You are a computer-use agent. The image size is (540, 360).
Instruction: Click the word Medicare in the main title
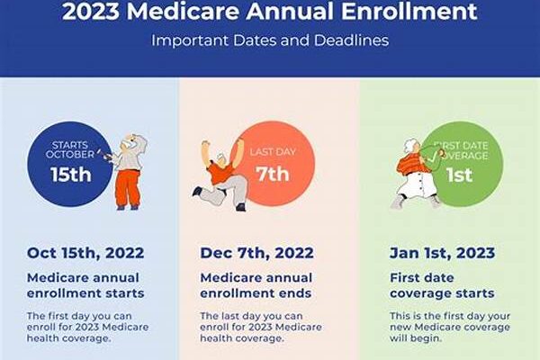click(x=183, y=11)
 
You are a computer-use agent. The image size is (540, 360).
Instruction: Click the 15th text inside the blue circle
click(x=71, y=175)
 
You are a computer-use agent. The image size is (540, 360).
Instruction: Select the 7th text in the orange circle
click(x=272, y=174)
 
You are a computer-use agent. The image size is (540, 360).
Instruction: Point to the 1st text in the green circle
click(x=459, y=175)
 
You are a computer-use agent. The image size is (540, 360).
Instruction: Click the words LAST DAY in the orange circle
click(x=273, y=151)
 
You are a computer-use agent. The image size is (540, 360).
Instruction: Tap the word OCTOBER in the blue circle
click(x=70, y=154)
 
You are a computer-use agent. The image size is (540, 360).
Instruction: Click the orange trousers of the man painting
click(x=128, y=189)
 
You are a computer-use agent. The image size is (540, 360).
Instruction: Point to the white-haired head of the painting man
click(x=133, y=141)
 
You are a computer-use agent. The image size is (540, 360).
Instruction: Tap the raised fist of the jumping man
click(x=205, y=143)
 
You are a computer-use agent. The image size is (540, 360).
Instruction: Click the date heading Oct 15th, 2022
click(x=85, y=253)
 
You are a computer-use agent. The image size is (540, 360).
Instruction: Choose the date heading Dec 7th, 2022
click(x=256, y=253)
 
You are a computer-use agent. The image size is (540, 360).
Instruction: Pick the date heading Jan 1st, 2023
click(x=442, y=253)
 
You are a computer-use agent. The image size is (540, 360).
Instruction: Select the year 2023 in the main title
click(x=91, y=11)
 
